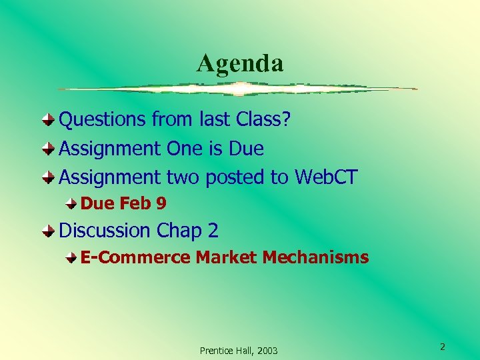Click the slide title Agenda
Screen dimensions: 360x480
(240, 63)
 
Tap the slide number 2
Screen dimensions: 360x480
(442, 347)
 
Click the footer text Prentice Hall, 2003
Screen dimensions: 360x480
(239, 351)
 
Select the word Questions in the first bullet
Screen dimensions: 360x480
(103, 120)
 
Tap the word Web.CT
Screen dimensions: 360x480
(326, 177)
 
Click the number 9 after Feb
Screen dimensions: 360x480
(161, 203)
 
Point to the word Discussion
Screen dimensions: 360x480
(105, 231)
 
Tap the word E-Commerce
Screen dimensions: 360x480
(135, 257)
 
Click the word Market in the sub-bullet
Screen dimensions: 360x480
(226, 257)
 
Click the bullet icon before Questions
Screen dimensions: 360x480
(49, 120)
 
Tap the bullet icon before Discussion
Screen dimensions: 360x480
(49, 231)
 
